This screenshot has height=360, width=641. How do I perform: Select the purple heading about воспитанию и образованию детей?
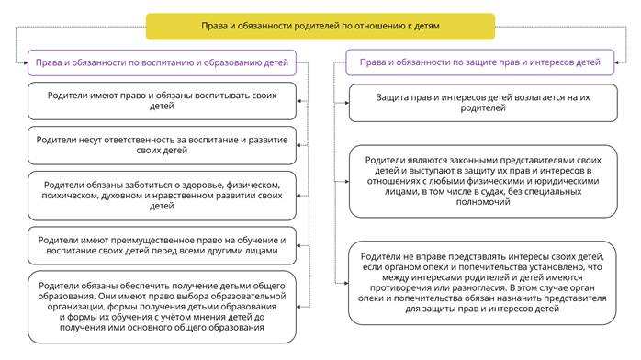click(x=162, y=62)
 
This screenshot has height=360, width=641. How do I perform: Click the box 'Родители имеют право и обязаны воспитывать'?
click(x=162, y=100)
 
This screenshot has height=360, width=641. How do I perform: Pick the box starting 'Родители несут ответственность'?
click(x=162, y=143)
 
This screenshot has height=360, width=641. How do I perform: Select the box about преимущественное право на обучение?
click(x=162, y=245)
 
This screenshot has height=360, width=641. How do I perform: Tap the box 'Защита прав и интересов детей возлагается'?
click(x=481, y=102)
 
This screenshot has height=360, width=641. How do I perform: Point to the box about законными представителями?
click(x=481, y=180)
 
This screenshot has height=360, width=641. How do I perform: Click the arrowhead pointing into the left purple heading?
click(x=25, y=62)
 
